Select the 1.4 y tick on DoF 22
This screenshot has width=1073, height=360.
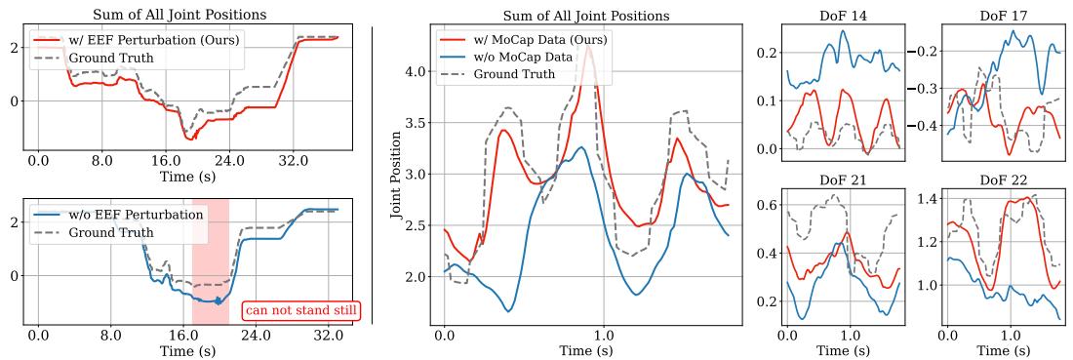pyautogui.click(x=926, y=198)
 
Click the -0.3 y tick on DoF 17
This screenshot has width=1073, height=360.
pyautogui.click(x=927, y=88)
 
